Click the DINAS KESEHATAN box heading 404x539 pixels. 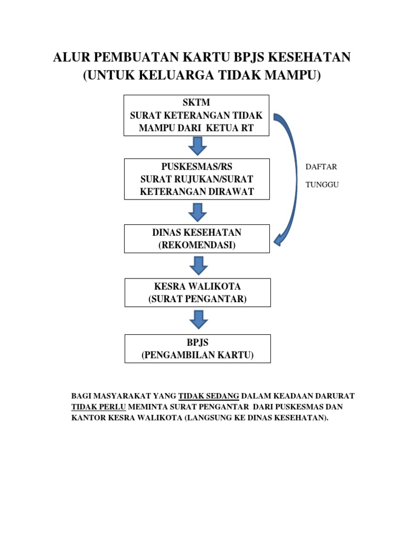click(x=197, y=233)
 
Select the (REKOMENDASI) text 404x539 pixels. click(x=197, y=245)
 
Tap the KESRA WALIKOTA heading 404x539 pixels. click(x=197, y=287)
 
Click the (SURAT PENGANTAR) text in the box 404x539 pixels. click(x=197, y=300)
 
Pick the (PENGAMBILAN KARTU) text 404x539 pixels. click(x=197, y=355)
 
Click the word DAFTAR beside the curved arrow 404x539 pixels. click(x=321, y=167)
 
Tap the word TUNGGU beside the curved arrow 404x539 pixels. click(x=322, y=185)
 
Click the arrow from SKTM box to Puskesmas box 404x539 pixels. click(x=197, y=146)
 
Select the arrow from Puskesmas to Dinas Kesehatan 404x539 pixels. click(x=197, y=212)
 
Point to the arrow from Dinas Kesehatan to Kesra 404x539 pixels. click(x=198, y=265)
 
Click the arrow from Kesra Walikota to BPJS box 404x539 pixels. click(x=198, y=320)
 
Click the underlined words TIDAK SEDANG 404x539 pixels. click(x=209, y=395)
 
